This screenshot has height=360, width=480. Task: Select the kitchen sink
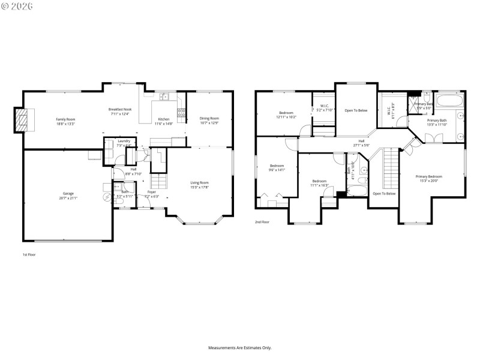pyautogui.click(x=164, y=97)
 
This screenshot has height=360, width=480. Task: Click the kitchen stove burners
pyautogui.click(x=180, y=112)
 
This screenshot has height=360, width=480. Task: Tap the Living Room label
pyautogui.click(x=200, y=182)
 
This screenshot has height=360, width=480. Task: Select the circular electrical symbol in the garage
pyautogui.click(x=108, y=197)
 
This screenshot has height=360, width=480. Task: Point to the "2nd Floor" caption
pyautogui.click(x=262, y=221)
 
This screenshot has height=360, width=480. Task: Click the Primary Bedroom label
pyautogui.click(x=429, y=176)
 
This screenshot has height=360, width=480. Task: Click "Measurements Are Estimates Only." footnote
pyautogui.click(x=240, y=347)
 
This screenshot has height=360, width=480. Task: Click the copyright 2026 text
pyautogui.click(x=17, y=6)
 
